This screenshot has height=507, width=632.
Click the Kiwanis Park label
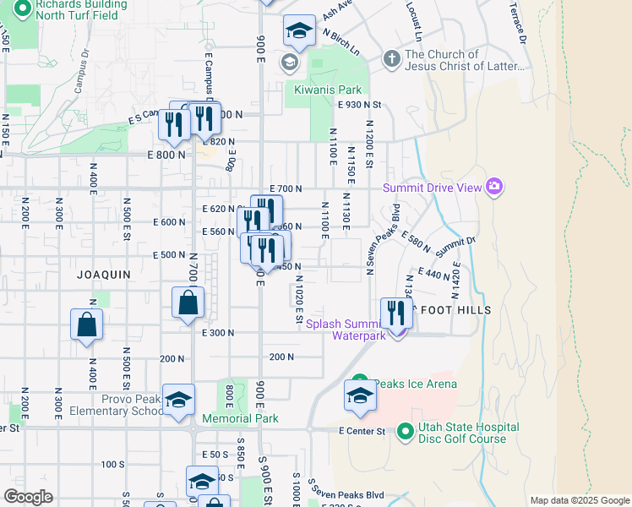click(x=328, y=90)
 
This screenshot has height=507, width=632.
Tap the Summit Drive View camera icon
click(x=494, y=187)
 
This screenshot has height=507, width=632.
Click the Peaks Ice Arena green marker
click(x=359, y=384)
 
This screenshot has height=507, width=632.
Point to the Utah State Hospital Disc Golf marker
click(x=405, y=432)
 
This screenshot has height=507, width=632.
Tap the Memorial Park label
click(x=240, y=418)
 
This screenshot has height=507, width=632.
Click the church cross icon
click(x=390, y=59)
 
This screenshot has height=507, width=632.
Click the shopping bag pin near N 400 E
click(x=86, y=324)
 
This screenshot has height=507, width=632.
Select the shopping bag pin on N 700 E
click(x=188, y=303)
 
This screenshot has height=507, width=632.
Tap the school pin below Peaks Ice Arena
click(x=360, y=397)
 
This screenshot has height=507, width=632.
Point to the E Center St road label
click(x=362, y=432)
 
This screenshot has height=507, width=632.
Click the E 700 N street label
click(x=286, y=188)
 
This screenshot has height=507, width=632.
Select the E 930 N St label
click(x=360, y=105)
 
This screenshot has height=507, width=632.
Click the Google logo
click(x=28, y=496)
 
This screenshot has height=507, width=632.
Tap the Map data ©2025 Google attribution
click(x=580, y=500)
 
